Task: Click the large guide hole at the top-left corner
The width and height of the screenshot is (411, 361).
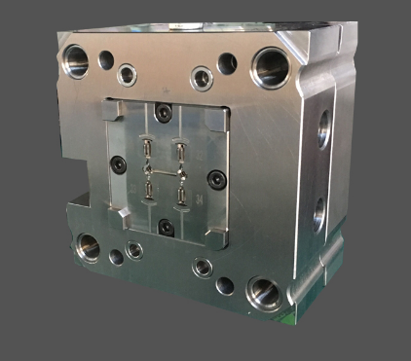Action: coord(75,61)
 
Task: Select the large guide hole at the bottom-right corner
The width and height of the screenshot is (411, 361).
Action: coord(263,290)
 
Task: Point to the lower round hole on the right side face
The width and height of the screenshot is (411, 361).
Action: coord(318,214)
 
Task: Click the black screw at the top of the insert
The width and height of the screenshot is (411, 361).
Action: coord(165,114)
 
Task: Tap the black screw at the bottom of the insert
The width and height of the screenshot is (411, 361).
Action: coord(166,226)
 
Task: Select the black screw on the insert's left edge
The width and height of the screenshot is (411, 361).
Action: coord(117,163)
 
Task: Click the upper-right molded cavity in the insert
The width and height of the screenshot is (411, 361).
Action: coord(181,152)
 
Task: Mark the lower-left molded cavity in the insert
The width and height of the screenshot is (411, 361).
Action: coord(146,185)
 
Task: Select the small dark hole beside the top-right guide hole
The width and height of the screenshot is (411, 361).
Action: coord(227,63)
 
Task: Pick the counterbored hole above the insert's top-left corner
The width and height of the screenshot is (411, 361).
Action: coord(128,73)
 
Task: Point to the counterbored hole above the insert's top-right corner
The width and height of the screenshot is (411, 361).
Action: coord(202,77)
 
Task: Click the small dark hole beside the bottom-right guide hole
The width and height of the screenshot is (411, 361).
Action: coord(225,285)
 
